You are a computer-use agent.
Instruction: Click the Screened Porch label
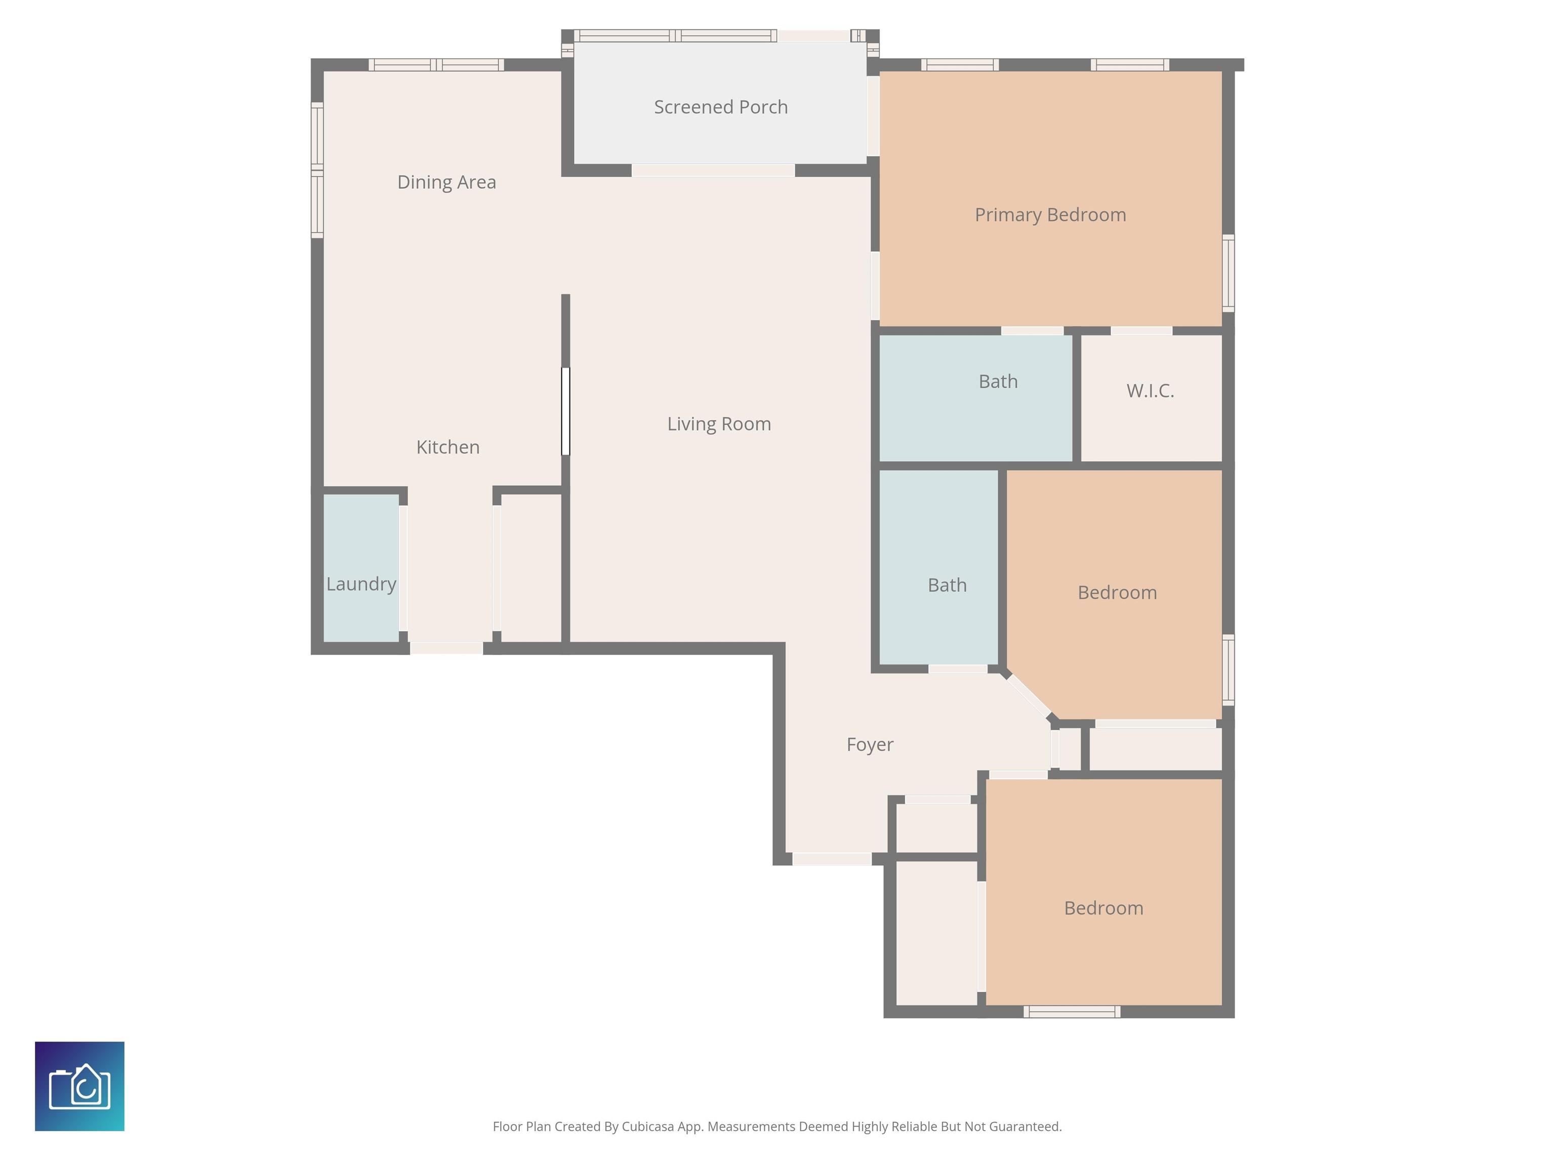click(721, 107)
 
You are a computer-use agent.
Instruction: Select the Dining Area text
click(446, 182)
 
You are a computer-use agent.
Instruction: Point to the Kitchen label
click(448, 447)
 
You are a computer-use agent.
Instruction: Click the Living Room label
click(718, 424)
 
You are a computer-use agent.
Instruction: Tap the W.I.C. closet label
click(1150, 391)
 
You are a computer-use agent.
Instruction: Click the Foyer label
click(870, 744)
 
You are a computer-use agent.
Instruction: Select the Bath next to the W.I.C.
click(998, 382)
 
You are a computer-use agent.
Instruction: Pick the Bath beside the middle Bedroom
click(947, 585)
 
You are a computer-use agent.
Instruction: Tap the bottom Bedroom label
click(1103, 908)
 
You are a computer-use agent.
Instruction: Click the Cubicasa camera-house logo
click(79, 1086)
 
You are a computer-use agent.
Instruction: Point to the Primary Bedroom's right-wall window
click(1228, 273)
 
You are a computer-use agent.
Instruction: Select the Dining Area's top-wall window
click(436, 65)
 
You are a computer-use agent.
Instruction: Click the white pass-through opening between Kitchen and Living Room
click(565, 411)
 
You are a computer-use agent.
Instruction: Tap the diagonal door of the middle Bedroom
click(1029, 696)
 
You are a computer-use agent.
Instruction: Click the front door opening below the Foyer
click(832, 858)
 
